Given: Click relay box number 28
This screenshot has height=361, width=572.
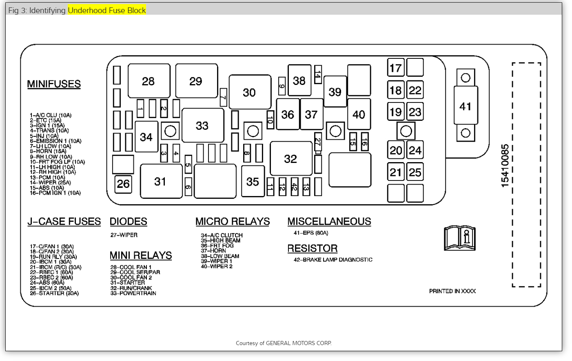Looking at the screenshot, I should [x=149, y=81].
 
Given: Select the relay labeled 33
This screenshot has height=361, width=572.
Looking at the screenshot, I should [x=203, y=125].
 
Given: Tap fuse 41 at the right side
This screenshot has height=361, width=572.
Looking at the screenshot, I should [x=466, y=106].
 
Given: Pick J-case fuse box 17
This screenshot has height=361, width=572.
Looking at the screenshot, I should [x=395, y=68].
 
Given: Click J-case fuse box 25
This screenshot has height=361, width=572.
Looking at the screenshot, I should [x=415, y=172].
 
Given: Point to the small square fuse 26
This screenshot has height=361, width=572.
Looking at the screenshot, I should [x=123, y=183].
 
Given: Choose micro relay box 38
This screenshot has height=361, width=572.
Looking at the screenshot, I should [x=299, y=80].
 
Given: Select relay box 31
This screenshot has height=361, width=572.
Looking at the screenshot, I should [x=161, y=181].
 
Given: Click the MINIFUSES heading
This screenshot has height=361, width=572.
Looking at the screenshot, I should [x=54, y=84].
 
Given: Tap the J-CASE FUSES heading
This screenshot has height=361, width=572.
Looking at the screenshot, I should [x=64, y=221].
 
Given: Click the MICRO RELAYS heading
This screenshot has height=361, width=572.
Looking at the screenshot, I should [x=233, y=221].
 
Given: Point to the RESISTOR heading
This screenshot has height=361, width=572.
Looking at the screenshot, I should [x=313, y=248].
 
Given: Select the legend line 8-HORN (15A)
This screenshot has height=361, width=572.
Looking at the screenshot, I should [x=48, y=151].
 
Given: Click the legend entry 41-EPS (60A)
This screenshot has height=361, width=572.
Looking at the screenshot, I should [x=311, y=233].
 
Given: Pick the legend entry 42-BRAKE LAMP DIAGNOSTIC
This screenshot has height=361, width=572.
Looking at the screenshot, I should [x=333, y=259].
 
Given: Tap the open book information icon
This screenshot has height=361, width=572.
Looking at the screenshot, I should [x=460, y=238].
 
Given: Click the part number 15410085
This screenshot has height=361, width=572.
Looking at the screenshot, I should [x=505, y=165].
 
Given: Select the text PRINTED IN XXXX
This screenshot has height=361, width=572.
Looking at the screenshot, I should [x=452, y=291].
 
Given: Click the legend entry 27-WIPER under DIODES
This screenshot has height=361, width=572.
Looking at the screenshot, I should [x=124, y=235].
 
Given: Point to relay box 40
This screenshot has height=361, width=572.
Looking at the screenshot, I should [x=359, y=114].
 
